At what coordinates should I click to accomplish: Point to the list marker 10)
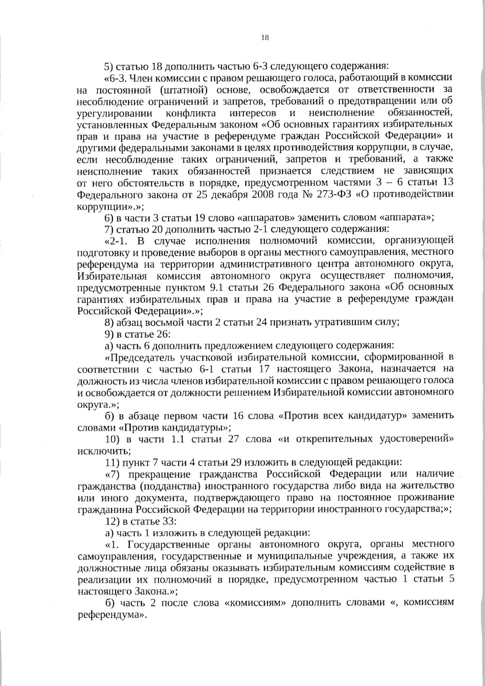(111, 439)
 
